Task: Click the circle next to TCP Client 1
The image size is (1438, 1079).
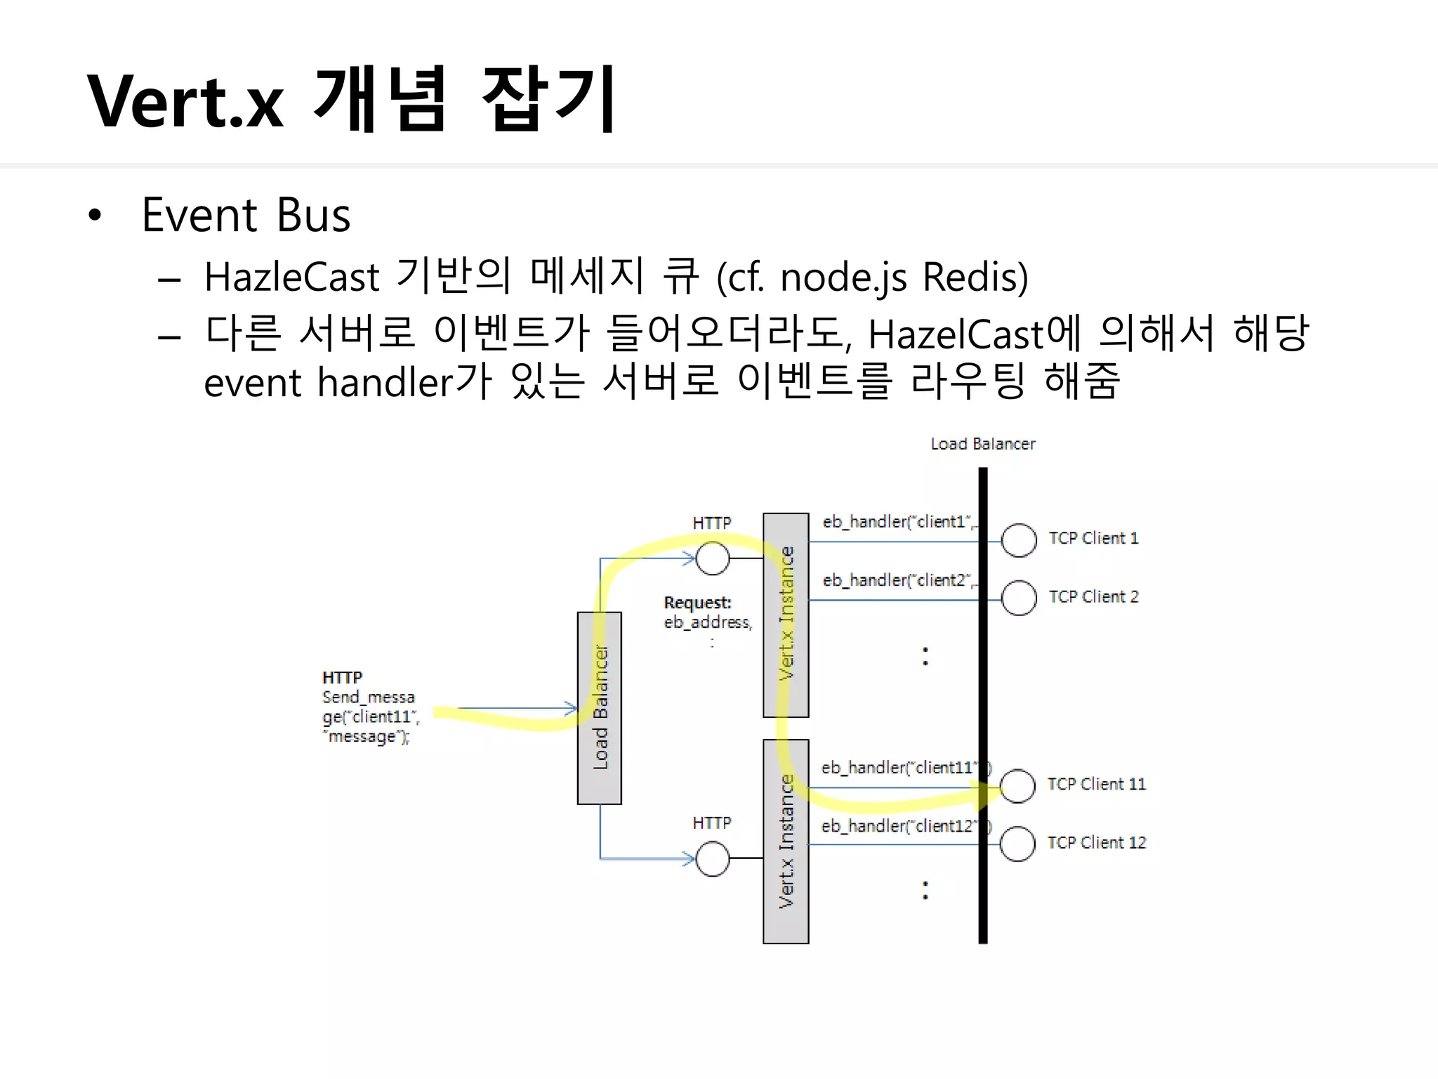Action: [1019, 540]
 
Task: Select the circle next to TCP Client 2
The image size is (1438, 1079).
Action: [1019, 598]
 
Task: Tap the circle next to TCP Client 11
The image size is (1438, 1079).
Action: [1017, 786]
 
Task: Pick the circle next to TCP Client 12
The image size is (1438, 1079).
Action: [1017, 844]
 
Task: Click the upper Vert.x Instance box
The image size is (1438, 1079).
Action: [786, 615]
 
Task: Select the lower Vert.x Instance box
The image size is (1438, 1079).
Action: [786, 841]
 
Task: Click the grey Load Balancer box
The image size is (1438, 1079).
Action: [599, 707]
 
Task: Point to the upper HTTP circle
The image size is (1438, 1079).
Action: [713, 558]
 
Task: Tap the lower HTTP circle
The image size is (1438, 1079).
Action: [713, 859]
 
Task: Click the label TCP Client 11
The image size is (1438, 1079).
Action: [1096, 784]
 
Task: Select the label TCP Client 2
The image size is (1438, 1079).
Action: [1093, 596]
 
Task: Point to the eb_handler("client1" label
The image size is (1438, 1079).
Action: [899, 522]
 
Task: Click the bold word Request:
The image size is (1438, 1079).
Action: [697, 603]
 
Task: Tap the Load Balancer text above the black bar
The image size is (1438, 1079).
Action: [982, 444]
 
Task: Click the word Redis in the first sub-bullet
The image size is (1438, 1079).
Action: [975, 277]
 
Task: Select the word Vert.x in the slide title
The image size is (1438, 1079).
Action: [185, 102]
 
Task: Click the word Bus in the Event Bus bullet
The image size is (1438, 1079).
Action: [313, 215]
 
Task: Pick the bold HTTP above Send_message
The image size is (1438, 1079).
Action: [342, 678]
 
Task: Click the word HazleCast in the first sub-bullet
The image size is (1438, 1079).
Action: [291, 277]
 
